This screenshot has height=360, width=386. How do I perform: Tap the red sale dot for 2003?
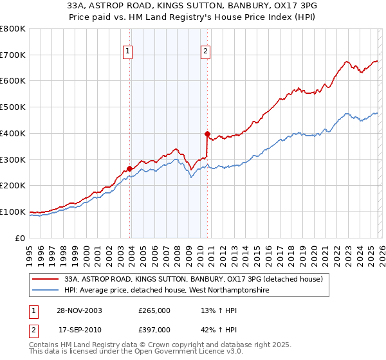pyautogui.click(x=130, y=168)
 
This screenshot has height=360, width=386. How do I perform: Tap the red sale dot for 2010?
pyautogui.click(x=207, y=134)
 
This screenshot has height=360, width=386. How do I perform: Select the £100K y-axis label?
pyautogui.click(x=13, y=212)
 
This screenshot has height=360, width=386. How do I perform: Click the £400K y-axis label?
pyautogui.click(x=13, y=133)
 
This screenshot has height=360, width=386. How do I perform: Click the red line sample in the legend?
pyautogui.click(x=46, y=279)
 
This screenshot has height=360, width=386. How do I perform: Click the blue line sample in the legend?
pyautogui.click(x=46, y=291)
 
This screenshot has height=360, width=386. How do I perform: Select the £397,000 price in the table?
pyautogui.click(x=154, y=329)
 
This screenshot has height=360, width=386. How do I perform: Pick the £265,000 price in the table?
pyautogui.click(x=154, y=310)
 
